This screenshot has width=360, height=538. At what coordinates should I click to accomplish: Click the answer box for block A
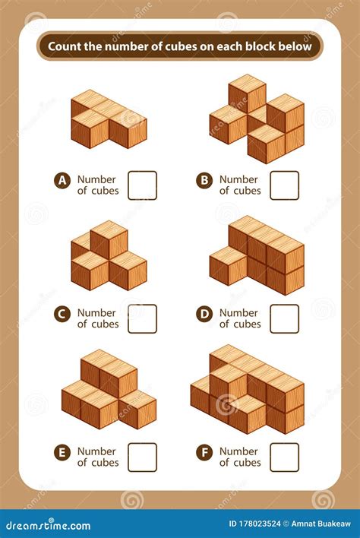(142, 185)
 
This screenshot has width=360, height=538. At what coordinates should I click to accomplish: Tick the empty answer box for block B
(284, 185)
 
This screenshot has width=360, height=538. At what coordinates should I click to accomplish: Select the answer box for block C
(142, 318)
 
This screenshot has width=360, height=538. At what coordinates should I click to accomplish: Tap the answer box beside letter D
(284, 318)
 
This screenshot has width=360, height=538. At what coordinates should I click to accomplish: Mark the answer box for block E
(142, 457)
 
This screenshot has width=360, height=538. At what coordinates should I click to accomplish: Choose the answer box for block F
(284, 457)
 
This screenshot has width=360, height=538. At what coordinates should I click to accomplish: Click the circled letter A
(62, 180)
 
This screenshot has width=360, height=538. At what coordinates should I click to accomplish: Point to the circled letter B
(204, 180)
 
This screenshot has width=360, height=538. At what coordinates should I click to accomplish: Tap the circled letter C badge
(62, 312)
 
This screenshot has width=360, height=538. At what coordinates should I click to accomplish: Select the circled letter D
(204, 312)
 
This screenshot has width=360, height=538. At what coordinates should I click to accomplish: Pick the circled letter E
(62, 452)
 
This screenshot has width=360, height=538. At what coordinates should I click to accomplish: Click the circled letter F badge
(204, 452)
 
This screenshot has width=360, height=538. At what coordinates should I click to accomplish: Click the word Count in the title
(65, 46)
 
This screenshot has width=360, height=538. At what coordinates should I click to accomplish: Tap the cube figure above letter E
(108, 388)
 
